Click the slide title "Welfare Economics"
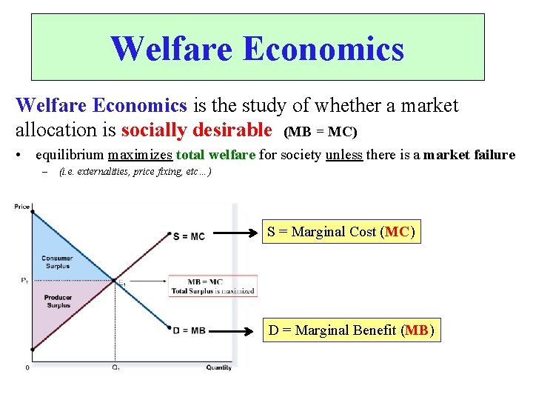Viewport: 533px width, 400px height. (258, 48)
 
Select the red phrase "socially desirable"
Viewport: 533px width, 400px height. (196, 131)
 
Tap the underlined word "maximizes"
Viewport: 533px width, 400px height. (140, 155)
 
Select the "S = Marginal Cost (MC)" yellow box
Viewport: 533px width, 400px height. (341, 232)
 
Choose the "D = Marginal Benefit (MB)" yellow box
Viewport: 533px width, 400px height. (351, 330)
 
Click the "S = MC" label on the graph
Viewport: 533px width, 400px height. (189, 236)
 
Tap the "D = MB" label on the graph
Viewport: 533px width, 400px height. (189, 330)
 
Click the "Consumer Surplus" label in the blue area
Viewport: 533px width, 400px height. (57, 261)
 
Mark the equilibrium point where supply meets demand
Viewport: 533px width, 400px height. (114, 280)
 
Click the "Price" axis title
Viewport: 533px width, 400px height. (22, 207)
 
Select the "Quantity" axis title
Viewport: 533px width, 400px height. (218, 368)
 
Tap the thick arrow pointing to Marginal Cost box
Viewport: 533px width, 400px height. (236, 232)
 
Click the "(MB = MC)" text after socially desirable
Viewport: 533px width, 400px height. (321, 133)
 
